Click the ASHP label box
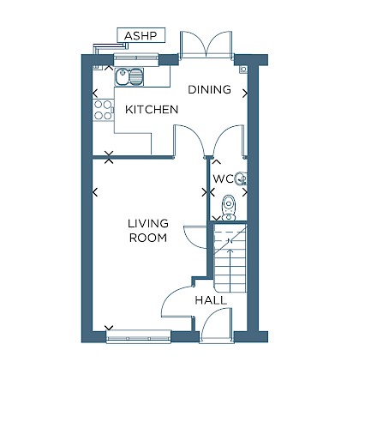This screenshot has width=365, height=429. tap(141, 35)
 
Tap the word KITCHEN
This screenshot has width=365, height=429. tap(152, 110)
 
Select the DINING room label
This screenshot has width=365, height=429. tap(209, 89)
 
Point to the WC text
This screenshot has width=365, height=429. tap(223, 179)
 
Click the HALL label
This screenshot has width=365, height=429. tap(211, 300)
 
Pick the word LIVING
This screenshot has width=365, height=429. tap(148, 223)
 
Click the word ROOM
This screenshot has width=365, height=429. tap(148, 238)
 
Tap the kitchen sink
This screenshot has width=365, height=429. tap(129, 76)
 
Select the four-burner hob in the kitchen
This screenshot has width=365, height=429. tap(103, 110)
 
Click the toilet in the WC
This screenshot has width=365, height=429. tap(229, 208)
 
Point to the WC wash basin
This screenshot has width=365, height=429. tap(241, 179)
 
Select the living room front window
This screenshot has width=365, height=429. tap(139, 336)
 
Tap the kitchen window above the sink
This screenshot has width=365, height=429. tap(136, 58)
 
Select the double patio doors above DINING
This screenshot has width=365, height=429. tap(206, 44)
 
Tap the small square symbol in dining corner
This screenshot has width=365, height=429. tap(243, 69)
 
